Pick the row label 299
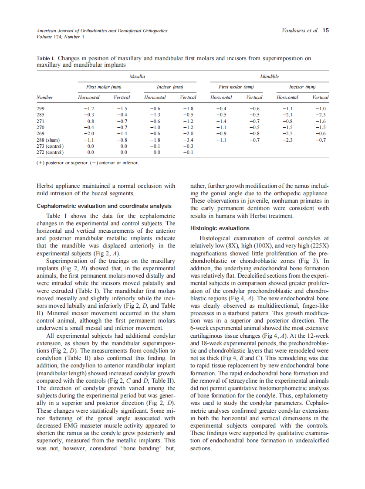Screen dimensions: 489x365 pyautogui.click(x=40, y=108)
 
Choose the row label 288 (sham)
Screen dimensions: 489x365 pyautogui.click(x=48, y=140)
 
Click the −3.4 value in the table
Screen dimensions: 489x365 pyautogui.click(x=188, y=140)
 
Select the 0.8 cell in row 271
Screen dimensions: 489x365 pyautogui.click(x=91, y=121)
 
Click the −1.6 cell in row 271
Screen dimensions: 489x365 pyautogui.click(x=320, y=121)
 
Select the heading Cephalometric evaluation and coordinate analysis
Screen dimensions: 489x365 pyautogui.click(x=104, y=206)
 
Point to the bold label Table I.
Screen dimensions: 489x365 pyautogui.click(x=46, y=58)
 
